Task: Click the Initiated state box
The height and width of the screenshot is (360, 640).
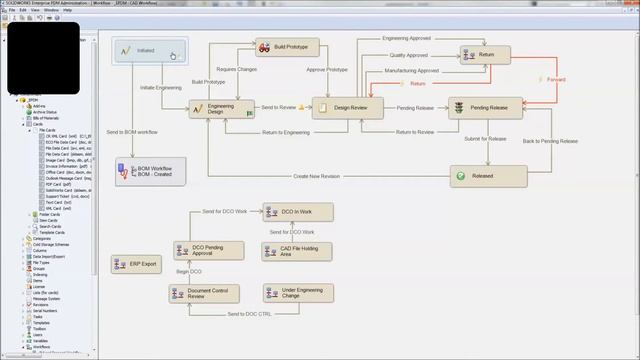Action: point(150,51)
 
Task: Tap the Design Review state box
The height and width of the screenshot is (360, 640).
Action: point(347,108)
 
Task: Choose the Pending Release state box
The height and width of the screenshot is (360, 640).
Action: point(485,107)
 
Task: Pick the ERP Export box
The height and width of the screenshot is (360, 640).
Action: point(135,264)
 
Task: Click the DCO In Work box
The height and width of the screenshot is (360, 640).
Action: point(291,212)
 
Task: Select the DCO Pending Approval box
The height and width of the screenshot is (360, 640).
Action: point(208,249)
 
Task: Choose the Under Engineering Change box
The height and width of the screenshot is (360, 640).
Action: point(298,293)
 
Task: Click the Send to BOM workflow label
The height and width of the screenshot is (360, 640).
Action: point(132,132)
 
